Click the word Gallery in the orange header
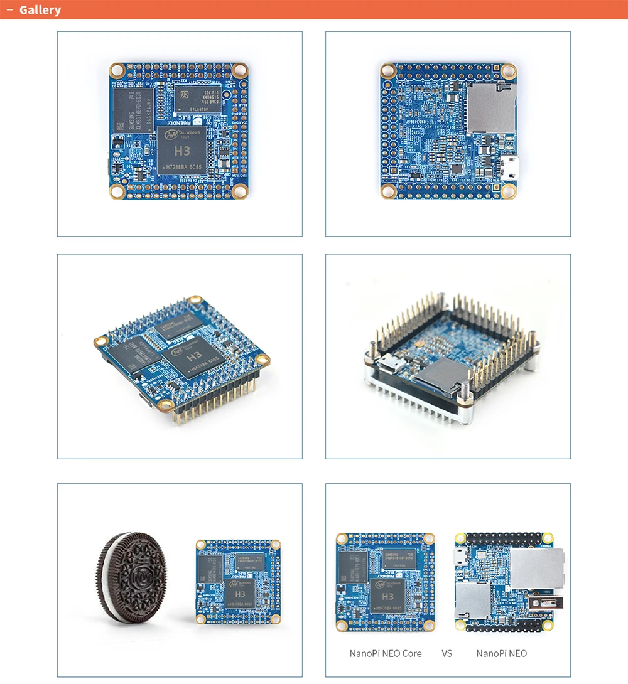40,10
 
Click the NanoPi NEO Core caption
386,653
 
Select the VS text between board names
447,653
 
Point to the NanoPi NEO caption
501,653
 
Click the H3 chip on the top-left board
182,152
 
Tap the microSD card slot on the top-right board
490,109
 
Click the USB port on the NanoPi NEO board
542,602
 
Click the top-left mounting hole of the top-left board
117,70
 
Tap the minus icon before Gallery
9,10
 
